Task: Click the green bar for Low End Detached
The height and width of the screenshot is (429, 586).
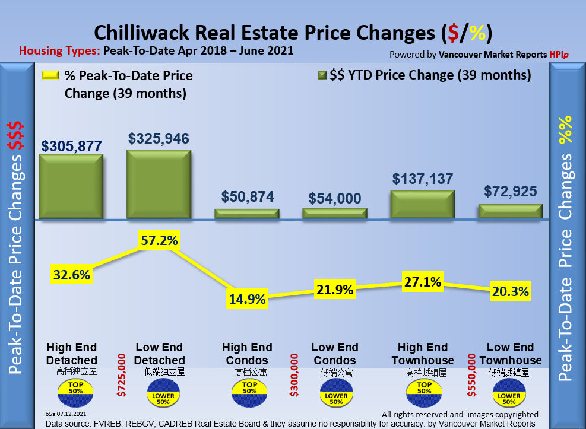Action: point(159,185)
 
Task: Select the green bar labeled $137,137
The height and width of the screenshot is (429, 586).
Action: point(422,205)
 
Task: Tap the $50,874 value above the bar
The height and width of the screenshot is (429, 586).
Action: point(248,197)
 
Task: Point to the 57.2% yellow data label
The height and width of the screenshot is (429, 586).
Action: point(159,241)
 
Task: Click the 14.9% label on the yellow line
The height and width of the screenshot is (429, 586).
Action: point(247,299)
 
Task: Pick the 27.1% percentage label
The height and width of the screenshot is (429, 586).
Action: point(422,281)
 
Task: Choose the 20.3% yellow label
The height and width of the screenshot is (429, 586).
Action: point(510,291)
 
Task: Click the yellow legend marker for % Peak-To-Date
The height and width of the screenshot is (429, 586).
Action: point(50,75)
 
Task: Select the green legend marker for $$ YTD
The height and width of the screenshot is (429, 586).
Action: point(323,75)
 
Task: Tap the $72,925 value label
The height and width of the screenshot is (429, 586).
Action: point(511,192)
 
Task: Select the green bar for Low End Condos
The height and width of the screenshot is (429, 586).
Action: point(335,213)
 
